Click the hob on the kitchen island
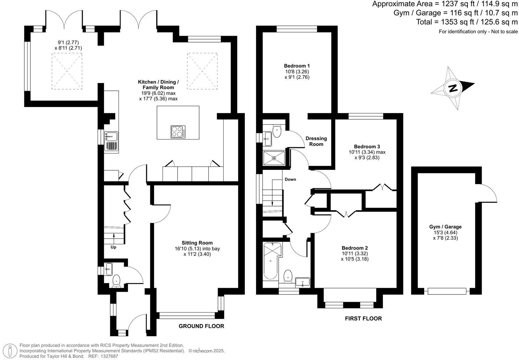178,132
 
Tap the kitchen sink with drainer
111,141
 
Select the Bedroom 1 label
297,66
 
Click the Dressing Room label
316,141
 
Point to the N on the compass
453,88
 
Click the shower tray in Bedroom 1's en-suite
274,158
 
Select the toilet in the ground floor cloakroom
116,281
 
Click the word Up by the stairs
113,247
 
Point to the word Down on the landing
290,179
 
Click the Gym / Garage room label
445,227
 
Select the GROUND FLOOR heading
201,326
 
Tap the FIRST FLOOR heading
363,318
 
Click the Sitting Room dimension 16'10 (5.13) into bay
197,249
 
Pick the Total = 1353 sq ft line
467,22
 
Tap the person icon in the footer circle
10,351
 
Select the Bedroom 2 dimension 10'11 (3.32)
355,254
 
